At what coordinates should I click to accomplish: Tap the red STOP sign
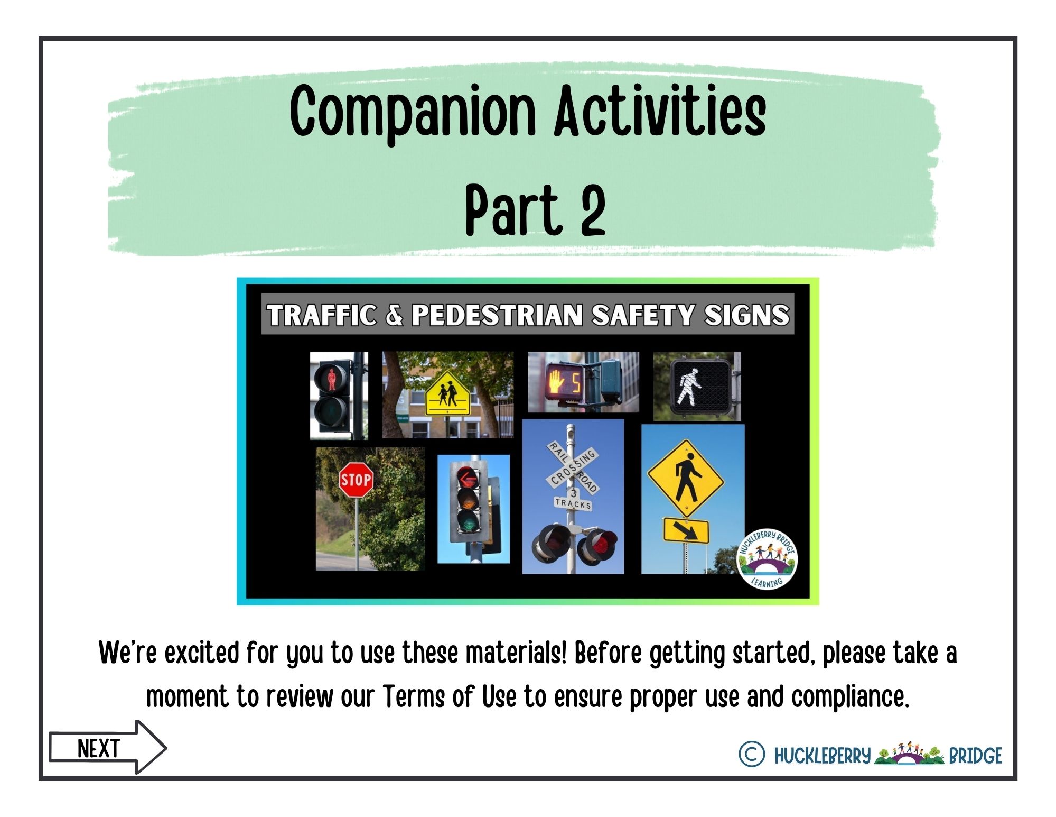[x=356, y=480]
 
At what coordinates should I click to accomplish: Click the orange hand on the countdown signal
[x=556, y=380]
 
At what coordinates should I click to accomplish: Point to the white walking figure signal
[x=688, y=388]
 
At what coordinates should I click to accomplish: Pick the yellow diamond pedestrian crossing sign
[x=686, y=478]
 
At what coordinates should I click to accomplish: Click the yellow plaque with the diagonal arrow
[x=686, y=530]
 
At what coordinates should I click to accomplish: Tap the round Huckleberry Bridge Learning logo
[x=767, y=559]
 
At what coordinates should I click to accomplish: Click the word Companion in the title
[x=413, y=112]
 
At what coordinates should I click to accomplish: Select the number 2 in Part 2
[x=593, y=210]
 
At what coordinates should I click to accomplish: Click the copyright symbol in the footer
[x=751, y=754]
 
